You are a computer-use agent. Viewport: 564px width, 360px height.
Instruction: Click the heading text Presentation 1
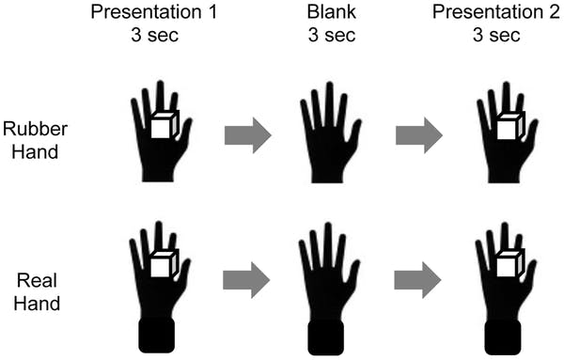pos(154,12)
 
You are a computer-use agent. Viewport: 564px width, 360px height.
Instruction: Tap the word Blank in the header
pos(331,12)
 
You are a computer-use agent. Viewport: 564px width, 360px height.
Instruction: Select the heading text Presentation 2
pos(496,12)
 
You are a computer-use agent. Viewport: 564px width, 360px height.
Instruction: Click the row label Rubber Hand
pos(36,140)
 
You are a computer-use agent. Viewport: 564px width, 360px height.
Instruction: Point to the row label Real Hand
pos(37,292)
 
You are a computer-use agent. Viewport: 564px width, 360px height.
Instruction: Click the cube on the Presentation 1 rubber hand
pos(164,124)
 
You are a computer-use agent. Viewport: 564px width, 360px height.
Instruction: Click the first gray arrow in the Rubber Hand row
pos(248,135)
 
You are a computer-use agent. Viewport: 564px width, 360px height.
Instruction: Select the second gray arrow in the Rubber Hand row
pos(419,135)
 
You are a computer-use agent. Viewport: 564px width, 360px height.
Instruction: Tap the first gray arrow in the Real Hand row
pos(246,280)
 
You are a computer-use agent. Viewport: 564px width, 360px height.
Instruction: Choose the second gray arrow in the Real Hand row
pos(417,280)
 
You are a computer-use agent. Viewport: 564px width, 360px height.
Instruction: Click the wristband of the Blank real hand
pos(326,337)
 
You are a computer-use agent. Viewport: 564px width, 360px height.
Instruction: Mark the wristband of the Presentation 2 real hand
pos(503,337)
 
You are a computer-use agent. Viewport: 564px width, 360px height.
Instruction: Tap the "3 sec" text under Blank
pos(332,35)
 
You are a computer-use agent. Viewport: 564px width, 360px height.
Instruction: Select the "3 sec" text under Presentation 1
pos(155,35)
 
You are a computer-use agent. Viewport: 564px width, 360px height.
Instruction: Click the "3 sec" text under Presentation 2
pos(496,35)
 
